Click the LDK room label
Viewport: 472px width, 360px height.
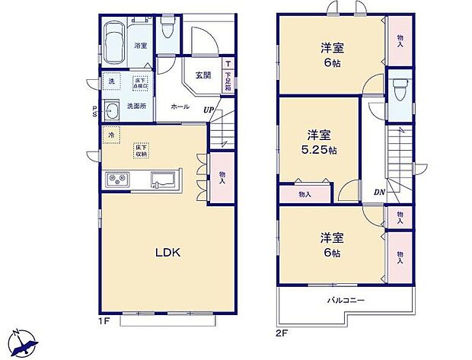coord(167,253)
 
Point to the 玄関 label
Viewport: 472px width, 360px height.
coord(203,75)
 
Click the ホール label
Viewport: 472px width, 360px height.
coord(180,107)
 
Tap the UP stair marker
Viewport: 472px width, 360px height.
coord(207,111)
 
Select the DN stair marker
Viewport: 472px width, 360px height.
coord(378,192)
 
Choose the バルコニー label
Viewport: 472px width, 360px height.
coord(346,301)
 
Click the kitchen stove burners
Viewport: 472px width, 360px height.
coord(118,180)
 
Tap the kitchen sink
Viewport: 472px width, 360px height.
coord(164,180)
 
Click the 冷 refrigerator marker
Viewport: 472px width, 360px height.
coord(111,135)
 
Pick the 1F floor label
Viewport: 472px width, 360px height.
coord(105,320)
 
